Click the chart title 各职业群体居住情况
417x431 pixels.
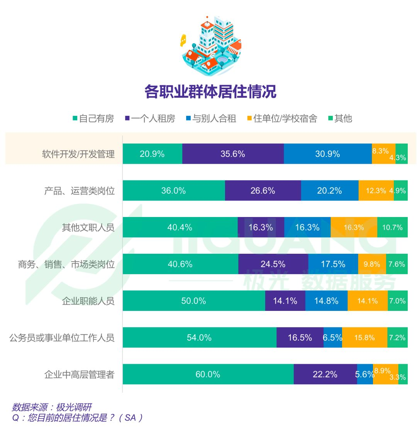[210, 92]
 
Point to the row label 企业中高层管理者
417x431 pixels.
[79, 375]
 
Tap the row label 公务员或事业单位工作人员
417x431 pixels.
[62, 338]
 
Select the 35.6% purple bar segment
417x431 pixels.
[233, 154]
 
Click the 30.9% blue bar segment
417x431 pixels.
[327, 154]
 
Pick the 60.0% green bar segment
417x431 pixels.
[208, 374]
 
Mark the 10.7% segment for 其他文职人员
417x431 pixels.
[392, 227]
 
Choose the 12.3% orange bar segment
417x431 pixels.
[376, 191]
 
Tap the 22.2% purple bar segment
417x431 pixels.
[325, 374]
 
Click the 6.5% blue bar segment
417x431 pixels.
[332, 338]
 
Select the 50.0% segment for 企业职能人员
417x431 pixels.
[194, 301]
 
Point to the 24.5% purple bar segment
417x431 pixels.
[273, 264]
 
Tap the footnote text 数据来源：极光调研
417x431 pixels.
[52, 407]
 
